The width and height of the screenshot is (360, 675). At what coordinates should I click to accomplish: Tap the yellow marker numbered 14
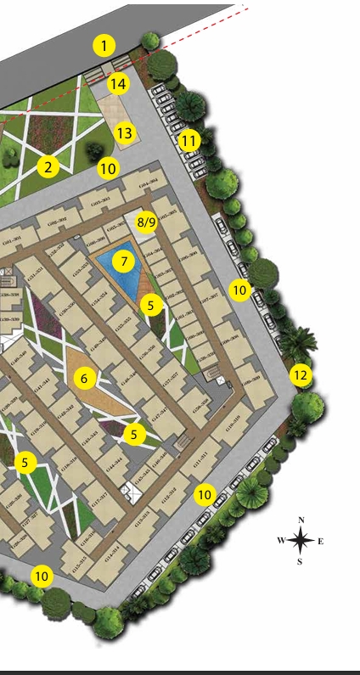118,83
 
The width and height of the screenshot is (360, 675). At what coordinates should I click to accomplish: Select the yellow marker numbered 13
125,133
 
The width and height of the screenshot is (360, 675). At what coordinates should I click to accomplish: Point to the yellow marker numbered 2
48,167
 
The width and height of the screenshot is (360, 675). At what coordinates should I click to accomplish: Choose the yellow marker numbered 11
188,139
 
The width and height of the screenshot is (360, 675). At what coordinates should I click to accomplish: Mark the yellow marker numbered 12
300,374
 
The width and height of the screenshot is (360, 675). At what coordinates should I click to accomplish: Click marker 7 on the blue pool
124,262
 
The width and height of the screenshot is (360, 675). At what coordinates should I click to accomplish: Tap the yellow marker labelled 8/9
147,223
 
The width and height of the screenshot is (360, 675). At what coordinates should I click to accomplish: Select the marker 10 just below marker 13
107,168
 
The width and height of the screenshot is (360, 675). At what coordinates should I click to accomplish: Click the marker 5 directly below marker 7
151,305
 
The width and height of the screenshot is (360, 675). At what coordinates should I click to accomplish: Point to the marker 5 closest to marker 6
134,434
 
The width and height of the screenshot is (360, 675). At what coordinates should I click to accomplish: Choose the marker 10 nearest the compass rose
204,494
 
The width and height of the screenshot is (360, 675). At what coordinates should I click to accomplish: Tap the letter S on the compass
300,560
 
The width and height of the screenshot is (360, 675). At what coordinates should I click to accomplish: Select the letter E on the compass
320,541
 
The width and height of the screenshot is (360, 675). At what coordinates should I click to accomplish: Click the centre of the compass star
300,540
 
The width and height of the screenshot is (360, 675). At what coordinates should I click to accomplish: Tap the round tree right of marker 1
150,40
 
